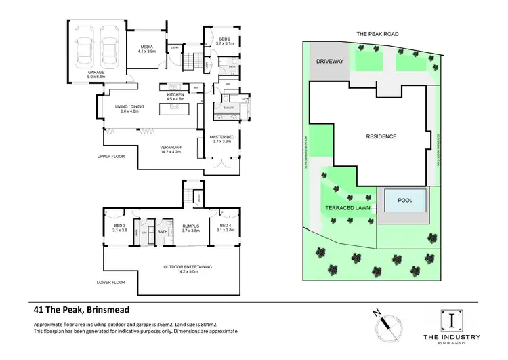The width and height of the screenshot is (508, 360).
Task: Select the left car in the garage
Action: pos(86,48)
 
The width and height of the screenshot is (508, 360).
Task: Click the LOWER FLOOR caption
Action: pos(112,281)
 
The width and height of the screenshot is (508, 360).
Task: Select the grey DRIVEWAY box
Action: pos(330,61)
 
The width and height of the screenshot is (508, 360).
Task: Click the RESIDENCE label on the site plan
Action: pos(381,136)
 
